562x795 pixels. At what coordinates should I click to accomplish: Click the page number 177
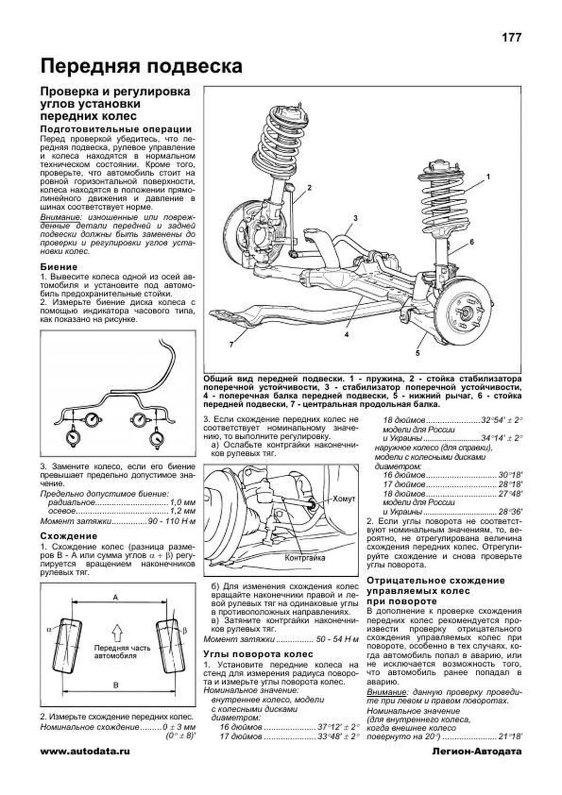(x=511, y=38)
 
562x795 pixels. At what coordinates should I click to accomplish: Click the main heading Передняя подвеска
(x=141, y=66)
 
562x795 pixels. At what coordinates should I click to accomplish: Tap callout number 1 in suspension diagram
(x=488, y=177)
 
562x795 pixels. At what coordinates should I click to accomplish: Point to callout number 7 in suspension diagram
(x=231, y=345)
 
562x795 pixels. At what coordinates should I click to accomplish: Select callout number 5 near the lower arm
(x=417, y=353)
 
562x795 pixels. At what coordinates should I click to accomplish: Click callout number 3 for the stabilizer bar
(x=355, y=218)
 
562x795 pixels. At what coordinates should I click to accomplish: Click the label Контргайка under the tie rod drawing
(x=305, y=558)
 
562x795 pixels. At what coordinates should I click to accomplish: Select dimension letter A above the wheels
(x=116, y=597)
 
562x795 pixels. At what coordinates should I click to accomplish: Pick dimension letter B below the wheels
(x=116, y=685)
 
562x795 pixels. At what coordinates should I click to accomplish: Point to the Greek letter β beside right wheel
(x=185, y=631)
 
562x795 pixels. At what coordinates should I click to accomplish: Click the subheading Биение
(x=59, y=267)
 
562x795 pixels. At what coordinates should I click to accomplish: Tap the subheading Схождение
(x=68, y=536)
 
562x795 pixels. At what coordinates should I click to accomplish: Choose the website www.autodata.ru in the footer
(x=85, y=752)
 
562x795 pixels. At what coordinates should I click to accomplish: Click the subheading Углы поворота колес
(x=258, y=654)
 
